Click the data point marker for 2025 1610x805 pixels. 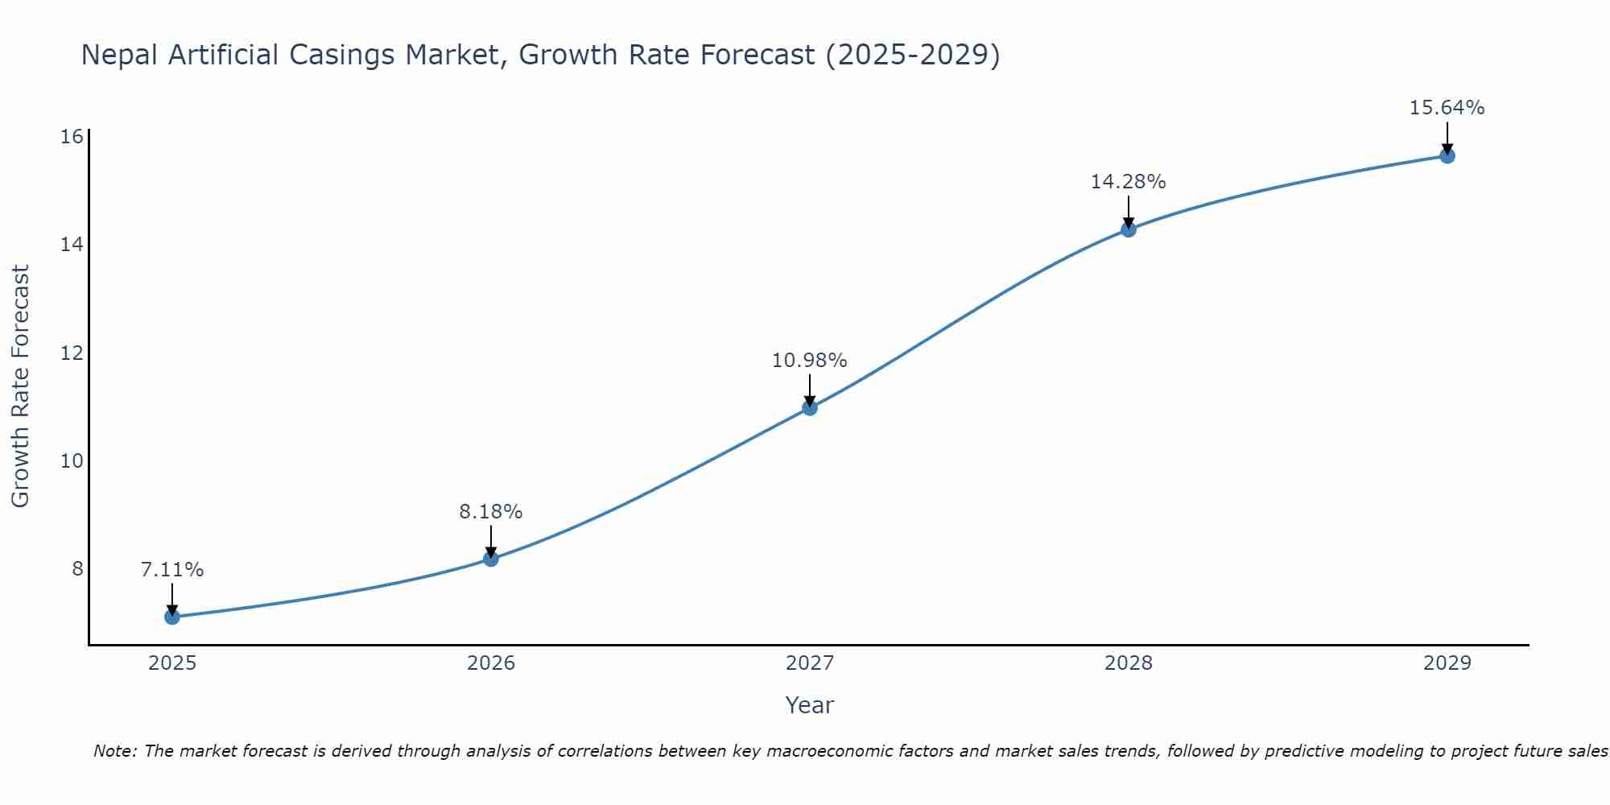point(172,617)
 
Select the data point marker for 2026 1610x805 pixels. point(491,559)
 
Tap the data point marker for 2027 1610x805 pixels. point(810,408)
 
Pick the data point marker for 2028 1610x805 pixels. point(1129,229)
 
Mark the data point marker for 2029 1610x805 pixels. point(1447,156)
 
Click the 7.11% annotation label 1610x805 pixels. point(172,570)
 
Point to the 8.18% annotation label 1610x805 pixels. point(491,512)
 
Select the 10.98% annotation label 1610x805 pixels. point(810,361)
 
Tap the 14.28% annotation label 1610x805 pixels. point(1129,182)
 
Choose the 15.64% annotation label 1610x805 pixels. point(1447,108)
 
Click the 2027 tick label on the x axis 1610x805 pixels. point(810,663)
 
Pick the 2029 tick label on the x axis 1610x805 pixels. point(1447,663)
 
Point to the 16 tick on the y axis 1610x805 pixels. point(72,136)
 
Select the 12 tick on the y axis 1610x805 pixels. point(72,353)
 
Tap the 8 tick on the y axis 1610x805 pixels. point(77,568)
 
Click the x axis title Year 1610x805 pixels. point(810,705)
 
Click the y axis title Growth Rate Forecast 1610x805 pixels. point(21,386)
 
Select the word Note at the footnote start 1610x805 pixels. point(114,751)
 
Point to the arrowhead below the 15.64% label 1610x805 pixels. point(1447,148)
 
